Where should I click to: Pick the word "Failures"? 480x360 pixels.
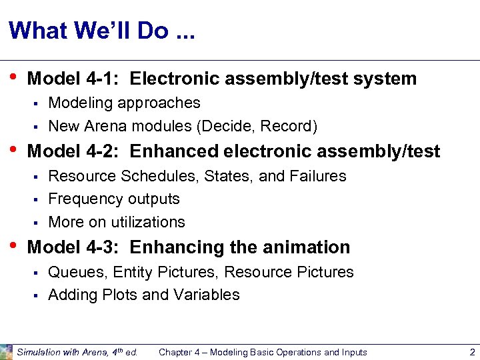[318, 176]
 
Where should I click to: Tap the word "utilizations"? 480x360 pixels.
[148, 221]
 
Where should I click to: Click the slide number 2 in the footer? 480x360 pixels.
[471, 352]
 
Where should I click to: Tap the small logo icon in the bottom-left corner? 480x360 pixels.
[6, 351]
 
